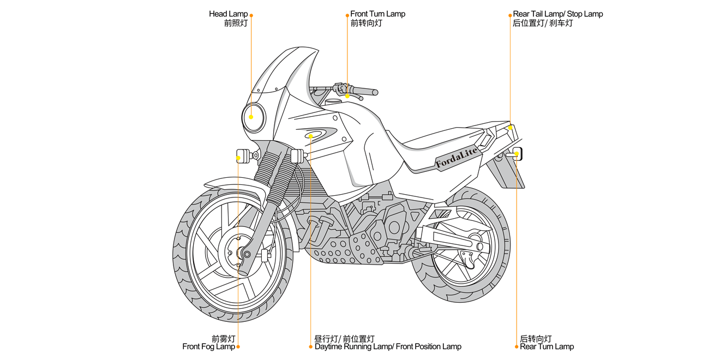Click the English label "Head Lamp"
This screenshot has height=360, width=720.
tap(228, 14)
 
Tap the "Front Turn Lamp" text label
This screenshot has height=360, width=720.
tap(377, 14)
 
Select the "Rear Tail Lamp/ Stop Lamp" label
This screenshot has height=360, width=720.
tap(557, 14)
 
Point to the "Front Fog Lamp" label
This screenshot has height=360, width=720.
tap(208, 346)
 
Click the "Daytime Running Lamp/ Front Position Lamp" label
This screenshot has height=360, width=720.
tap(388, 346)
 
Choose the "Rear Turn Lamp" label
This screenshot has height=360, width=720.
tap(547, 346)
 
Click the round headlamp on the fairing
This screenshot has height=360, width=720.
tap(254, 117)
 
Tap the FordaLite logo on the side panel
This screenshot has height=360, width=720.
tap(457, 157)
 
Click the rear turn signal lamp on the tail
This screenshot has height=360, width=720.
tap(515, 154)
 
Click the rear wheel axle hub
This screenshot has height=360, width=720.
tap(476, 246)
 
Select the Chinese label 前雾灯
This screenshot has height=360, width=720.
tap(224, 339)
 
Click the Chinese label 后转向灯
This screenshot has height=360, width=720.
tap(536, 339)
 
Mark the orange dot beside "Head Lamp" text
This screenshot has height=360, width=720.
tap(251, 15)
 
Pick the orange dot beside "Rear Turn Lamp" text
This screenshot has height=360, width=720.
tap(516, 346)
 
